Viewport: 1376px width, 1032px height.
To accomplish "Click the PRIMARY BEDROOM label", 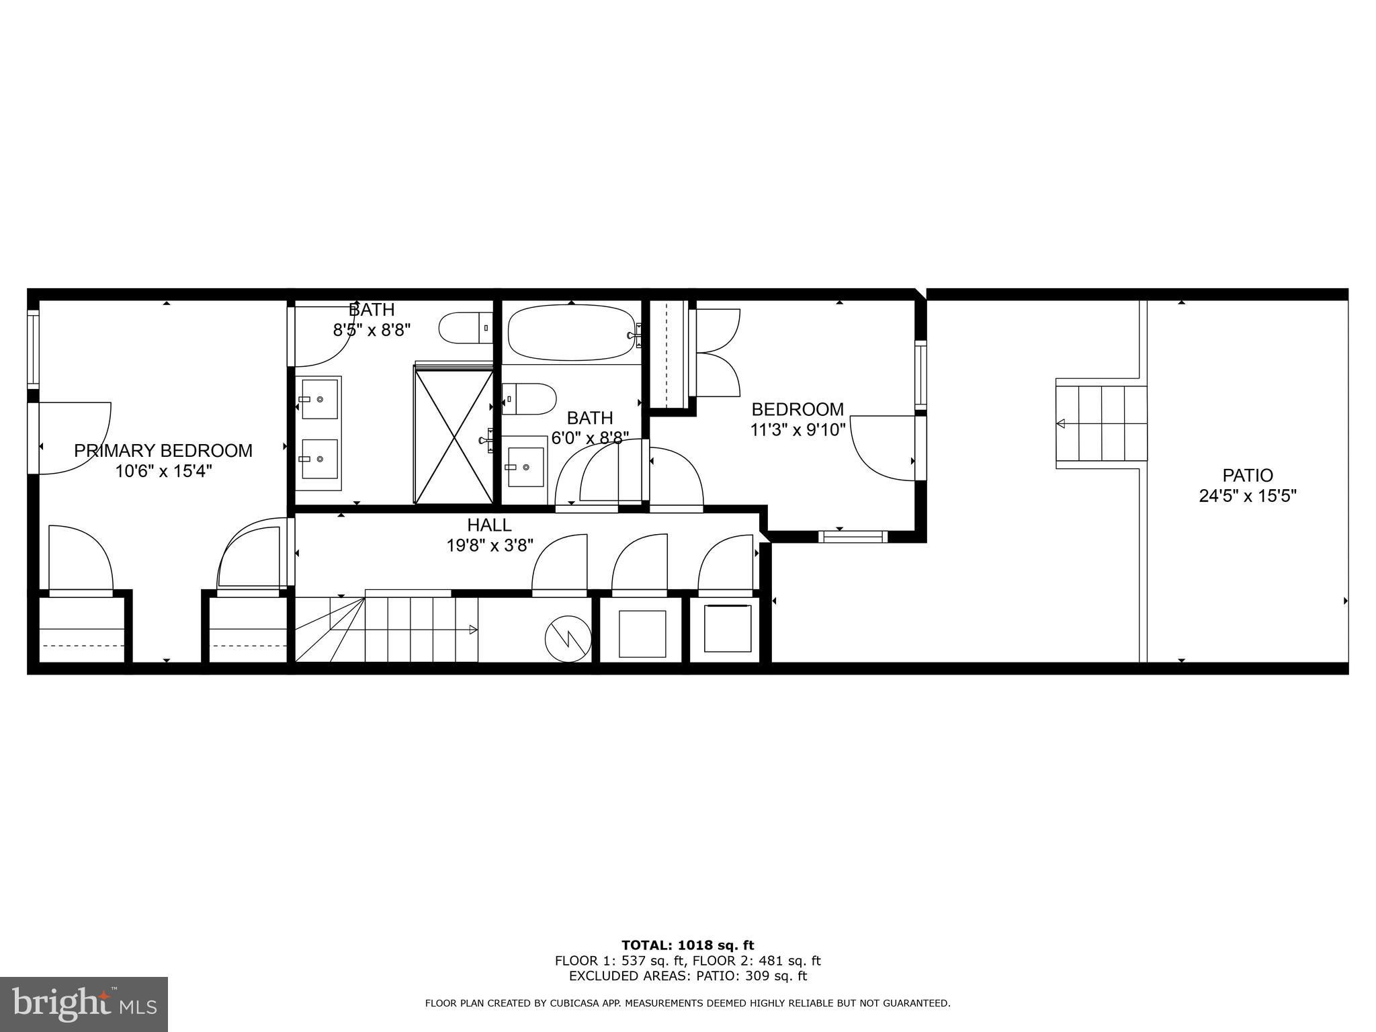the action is point(163,450).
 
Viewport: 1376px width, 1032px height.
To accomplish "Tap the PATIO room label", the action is point(1248,475).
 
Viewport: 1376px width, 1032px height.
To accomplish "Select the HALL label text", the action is point(489,525).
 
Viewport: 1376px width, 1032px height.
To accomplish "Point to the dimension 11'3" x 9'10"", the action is point(798,429).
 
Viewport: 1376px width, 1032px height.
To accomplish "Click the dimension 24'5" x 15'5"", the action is point(1248,496).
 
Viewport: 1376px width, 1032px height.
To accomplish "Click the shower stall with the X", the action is point(454,434).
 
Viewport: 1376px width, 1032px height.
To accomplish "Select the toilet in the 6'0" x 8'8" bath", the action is point(529,399).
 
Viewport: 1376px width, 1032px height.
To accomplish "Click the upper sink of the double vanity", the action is point(319,399).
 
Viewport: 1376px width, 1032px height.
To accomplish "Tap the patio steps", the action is point(1101,423).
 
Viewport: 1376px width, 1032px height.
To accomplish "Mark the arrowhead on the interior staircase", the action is point(473,630).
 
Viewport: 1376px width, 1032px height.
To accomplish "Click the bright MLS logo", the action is point(84,1005).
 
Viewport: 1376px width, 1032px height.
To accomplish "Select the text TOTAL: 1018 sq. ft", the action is point(687,945).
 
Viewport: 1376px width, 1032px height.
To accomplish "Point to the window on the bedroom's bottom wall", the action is point(853,536).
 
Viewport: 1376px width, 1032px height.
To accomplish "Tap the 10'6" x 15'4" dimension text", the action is point(163,471).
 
